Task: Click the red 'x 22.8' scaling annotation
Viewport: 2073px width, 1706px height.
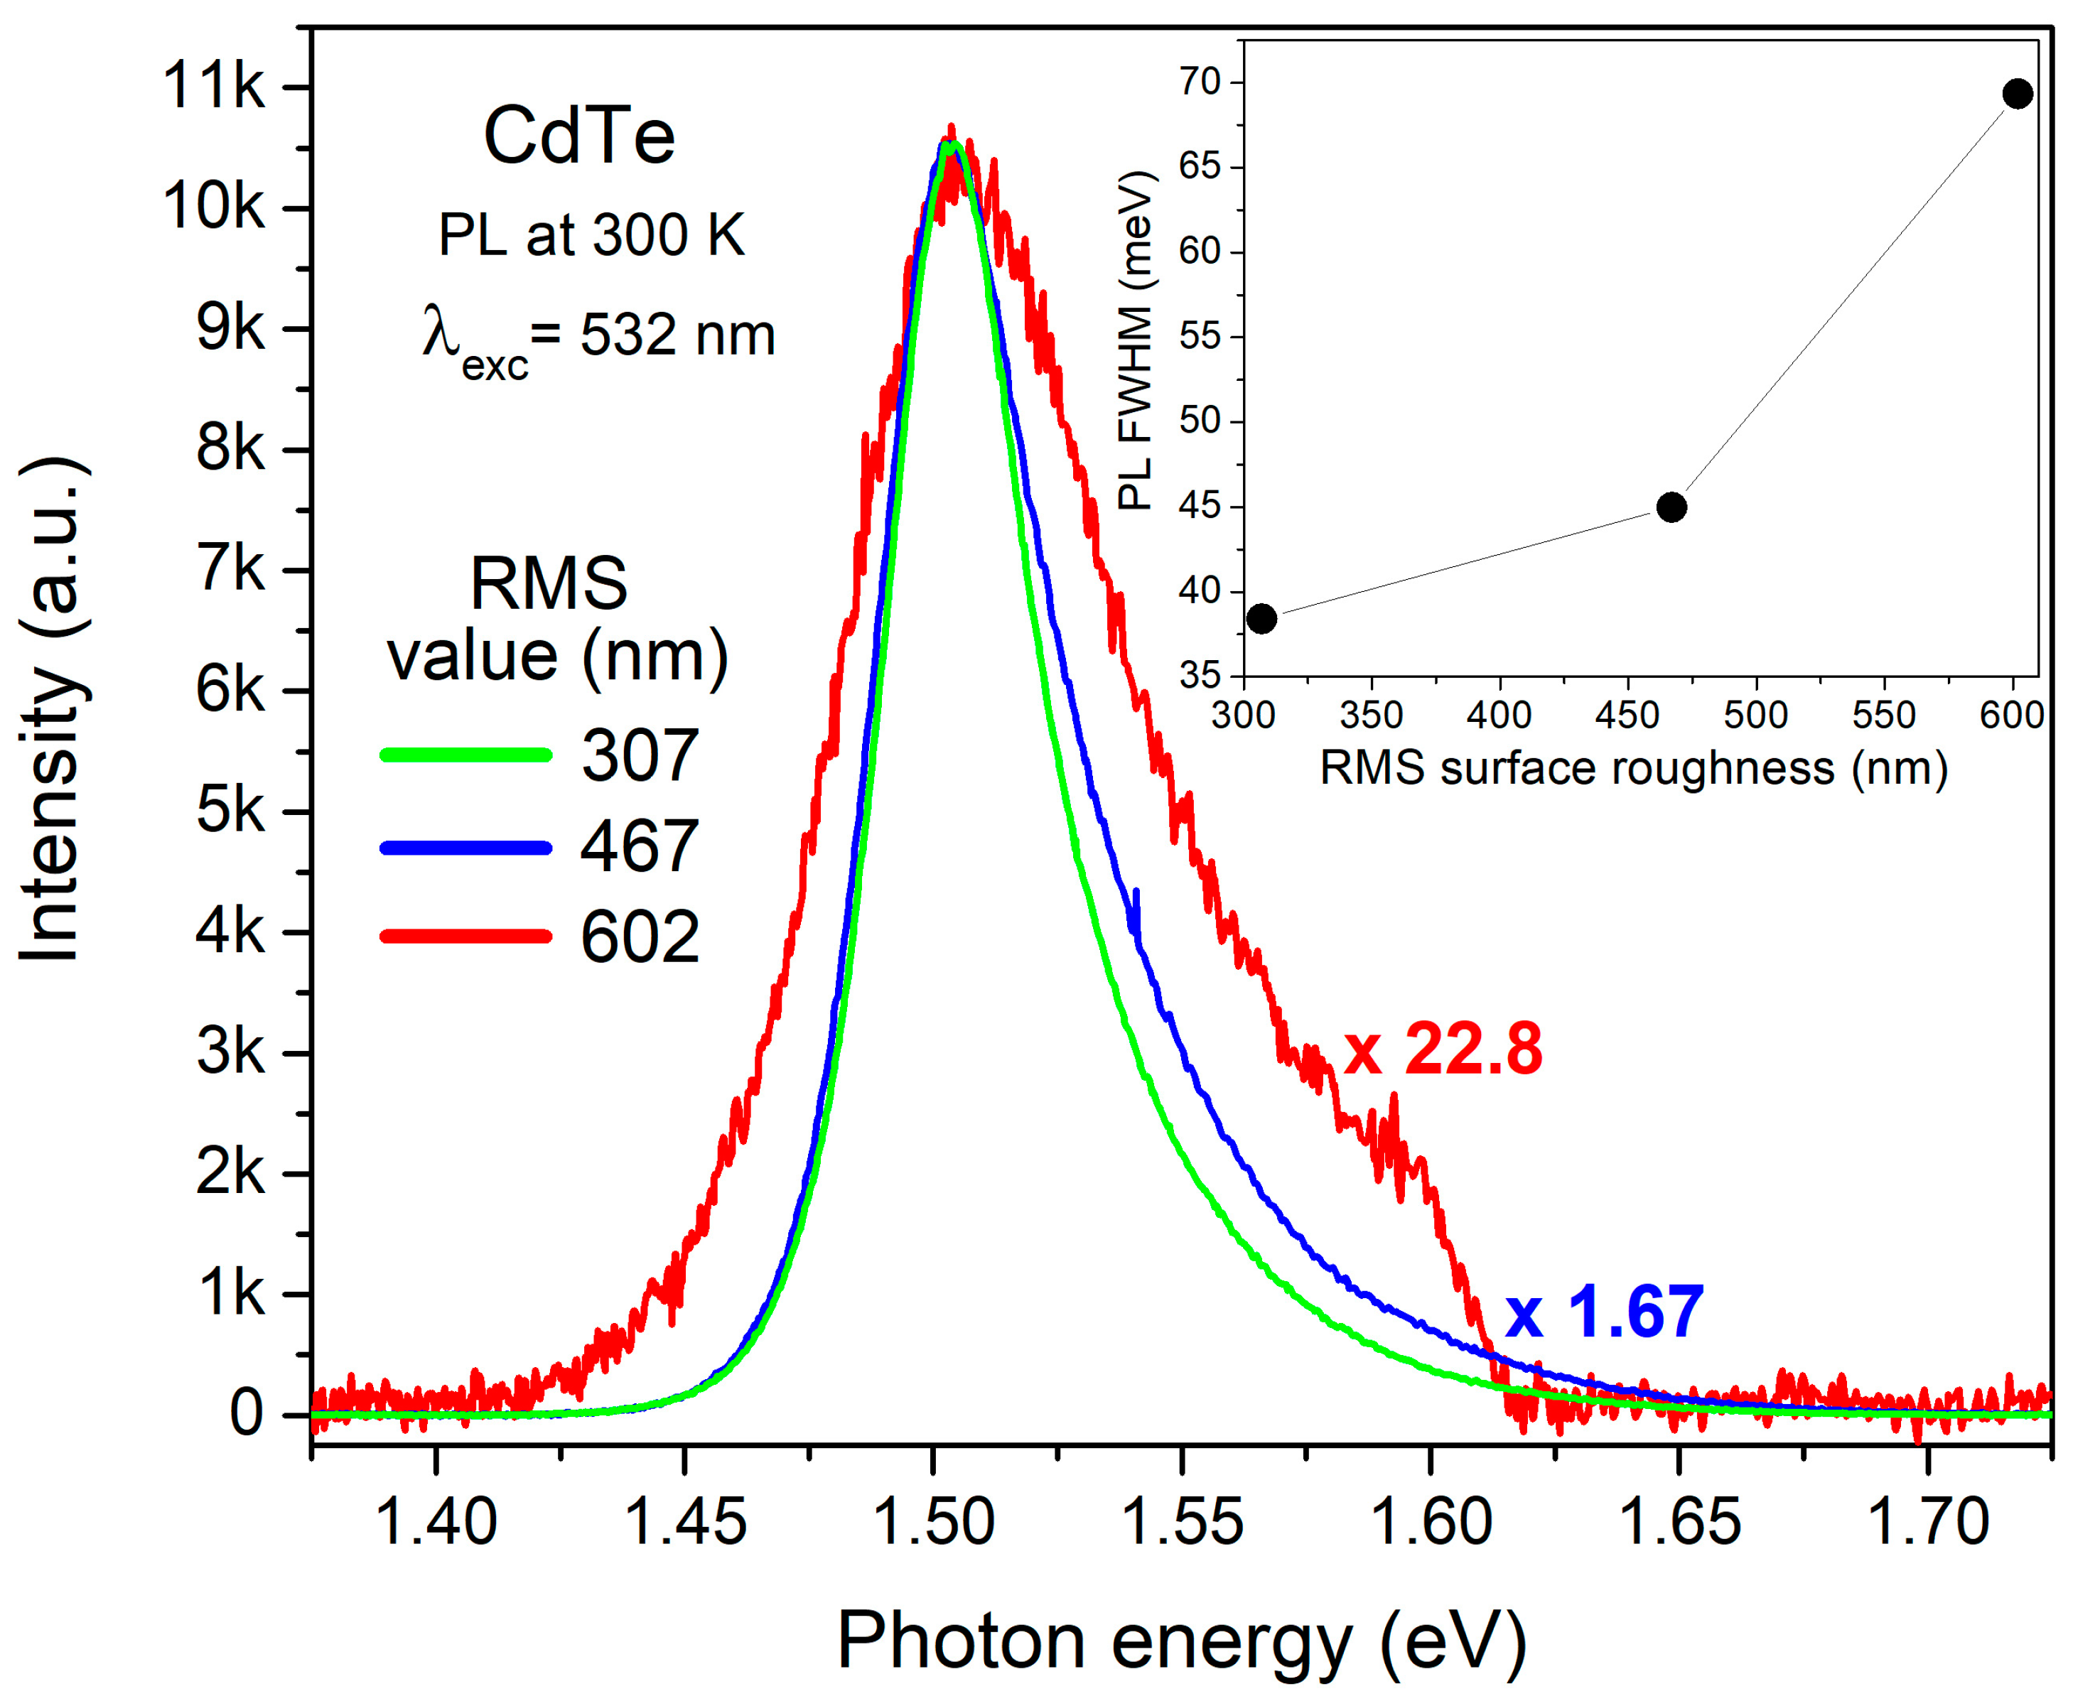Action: pyautogui.click(x=1442, y=1050)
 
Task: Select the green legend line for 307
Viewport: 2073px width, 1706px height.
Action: pyautogui.click(x=466, y=755)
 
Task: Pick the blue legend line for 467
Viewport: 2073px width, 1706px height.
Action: pyautogui.click(x=466, y=847)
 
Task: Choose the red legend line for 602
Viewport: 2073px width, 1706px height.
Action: pyautogui.click(x=466, y=936)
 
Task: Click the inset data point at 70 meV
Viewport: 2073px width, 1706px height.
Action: pyautogui.click(x=2017, y=95)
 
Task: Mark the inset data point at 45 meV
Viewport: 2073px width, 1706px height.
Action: pyautogui.click(x=1671, y=507)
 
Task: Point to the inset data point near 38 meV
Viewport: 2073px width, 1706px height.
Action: pyautogui.click(x=1261, y=618)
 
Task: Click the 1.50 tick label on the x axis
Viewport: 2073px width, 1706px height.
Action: pyautogui.click(x=933, y=1522)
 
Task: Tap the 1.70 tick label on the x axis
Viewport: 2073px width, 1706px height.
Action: pyautogui.click(x=1927, y=1522)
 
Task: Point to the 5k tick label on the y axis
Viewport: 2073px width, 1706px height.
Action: pyautogui.click(x=230, y=811)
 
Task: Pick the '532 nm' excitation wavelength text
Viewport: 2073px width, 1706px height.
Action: pyautogui.click(x=677, y=336)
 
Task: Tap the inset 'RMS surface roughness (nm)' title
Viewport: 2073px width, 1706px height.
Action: pyautogui.click(x=1632, y=767)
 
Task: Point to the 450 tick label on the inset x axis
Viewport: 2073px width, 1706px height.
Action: pyautogui.click(x=1627, y=714)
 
